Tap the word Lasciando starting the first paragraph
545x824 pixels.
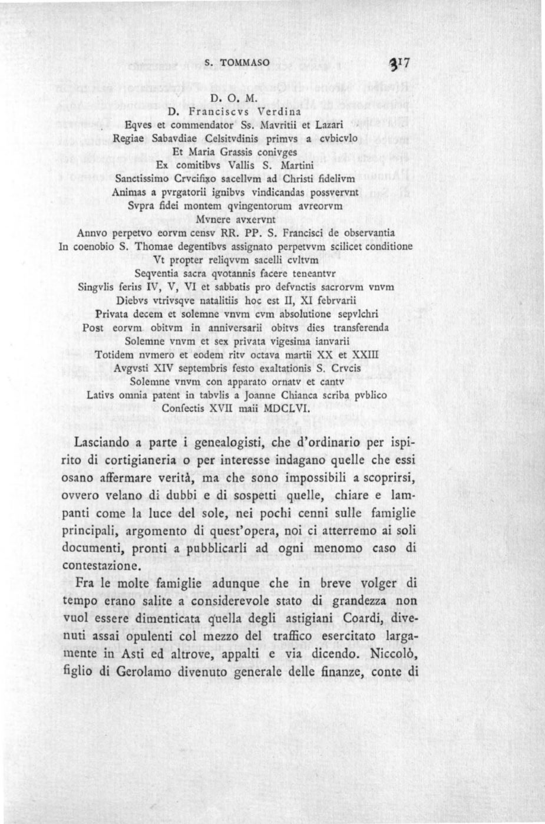click(107, 443)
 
